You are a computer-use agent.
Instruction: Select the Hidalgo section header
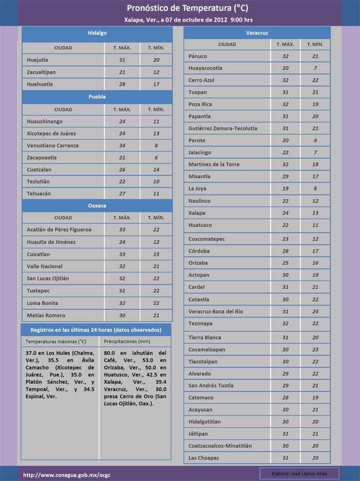97,33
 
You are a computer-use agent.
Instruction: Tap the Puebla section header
97,97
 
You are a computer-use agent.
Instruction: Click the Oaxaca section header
97,206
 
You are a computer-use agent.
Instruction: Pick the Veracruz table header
257,33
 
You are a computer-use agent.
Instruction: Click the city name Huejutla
38,60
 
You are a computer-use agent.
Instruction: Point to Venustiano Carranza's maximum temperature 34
122,146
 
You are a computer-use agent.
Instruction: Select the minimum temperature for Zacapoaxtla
156,157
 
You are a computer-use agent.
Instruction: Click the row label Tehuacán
39,193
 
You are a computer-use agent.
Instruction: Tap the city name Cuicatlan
39,254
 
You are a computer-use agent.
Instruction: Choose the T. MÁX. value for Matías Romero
122,315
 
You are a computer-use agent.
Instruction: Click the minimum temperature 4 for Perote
315,140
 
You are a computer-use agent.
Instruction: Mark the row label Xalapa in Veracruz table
197,213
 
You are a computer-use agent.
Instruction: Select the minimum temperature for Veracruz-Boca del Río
315,311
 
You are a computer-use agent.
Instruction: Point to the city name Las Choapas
204,458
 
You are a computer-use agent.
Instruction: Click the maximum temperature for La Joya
285,189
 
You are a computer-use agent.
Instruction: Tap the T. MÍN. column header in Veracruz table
315,44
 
